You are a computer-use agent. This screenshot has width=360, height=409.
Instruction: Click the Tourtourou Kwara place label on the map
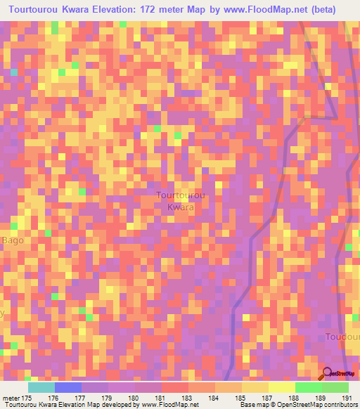180,201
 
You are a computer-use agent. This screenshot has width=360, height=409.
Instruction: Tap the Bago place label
13,240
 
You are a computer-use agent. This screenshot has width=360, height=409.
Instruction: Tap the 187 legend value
267,398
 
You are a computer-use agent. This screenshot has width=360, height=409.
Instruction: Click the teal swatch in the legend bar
41,387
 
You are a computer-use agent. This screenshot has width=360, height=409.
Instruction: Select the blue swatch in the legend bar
67,387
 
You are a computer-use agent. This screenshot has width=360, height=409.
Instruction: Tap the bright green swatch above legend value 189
308,387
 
